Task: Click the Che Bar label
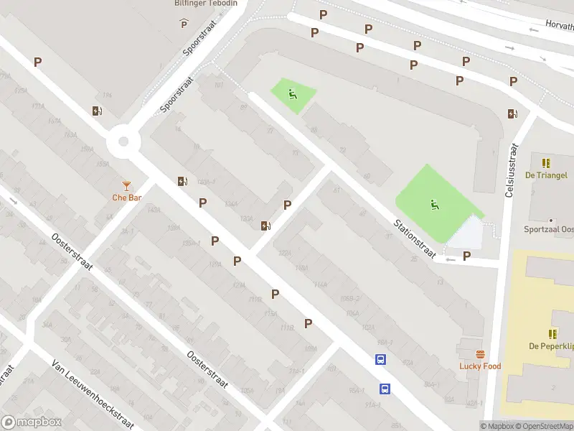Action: coord(126,198)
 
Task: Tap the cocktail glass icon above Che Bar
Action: coord(127,186)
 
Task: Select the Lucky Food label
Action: coord(480,366)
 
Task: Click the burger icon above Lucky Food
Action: coord(480,354)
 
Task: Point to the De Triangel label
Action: coord(546,175)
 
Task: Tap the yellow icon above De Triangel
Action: coord(546,163)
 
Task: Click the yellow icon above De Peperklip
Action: coord(552,334)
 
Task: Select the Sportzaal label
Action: coord(549,229)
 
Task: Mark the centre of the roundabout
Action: coord(122,142)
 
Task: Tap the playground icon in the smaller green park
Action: coord(291,94)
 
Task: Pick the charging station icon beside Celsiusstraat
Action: coord(512,113)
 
